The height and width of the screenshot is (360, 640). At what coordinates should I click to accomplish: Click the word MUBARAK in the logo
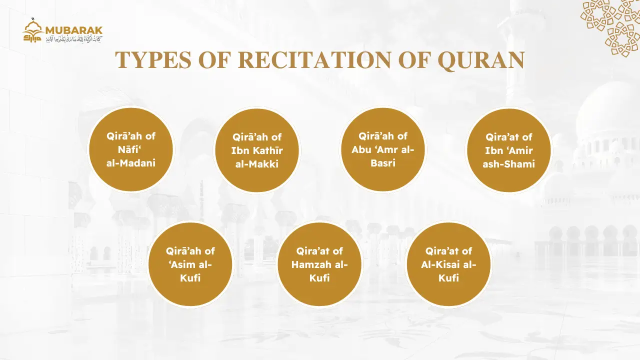pos(74,29)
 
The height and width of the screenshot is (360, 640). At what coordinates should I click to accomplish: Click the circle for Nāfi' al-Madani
pos(131,149)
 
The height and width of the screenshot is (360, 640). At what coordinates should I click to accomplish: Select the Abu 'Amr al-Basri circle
pos(383,149)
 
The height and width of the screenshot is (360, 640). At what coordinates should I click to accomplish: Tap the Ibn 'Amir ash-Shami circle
pos(509,150)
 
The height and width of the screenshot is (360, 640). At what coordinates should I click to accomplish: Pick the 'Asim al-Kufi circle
pos(190,264)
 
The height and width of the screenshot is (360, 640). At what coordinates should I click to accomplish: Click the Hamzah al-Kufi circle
pos(319,264)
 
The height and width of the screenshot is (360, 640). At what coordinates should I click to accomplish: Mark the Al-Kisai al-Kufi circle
pos(448,264)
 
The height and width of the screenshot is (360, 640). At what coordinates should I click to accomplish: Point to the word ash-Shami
pos(509,163)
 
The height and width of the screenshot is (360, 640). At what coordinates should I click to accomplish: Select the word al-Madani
pos(131,162)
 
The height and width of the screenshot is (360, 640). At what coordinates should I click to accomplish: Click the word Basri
pos(383,162)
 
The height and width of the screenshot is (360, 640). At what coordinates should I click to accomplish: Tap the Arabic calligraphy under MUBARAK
pos(74,39)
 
